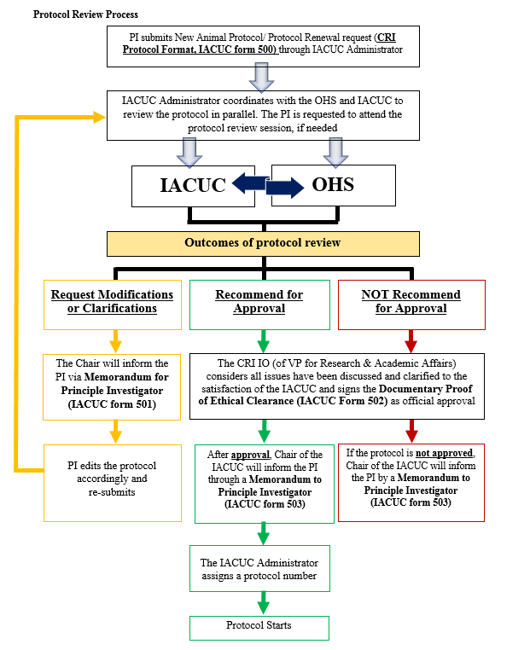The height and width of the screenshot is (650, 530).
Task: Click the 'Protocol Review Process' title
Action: [85, 15]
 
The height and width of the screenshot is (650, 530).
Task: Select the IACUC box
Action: [193, 185]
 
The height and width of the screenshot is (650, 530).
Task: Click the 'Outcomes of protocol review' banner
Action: [263, 243]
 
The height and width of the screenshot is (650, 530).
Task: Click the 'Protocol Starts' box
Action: [259, 626]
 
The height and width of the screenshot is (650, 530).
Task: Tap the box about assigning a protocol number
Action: [259, 569]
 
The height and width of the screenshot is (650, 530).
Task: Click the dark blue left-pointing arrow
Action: [249, 181]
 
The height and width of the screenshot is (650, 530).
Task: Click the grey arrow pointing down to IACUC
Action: [192, 153]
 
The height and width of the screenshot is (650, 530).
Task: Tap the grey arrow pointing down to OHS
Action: [337, 153]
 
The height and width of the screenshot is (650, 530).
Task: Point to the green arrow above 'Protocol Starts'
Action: [263, 604]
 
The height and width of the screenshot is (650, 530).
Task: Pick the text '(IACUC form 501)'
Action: [112, 404]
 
